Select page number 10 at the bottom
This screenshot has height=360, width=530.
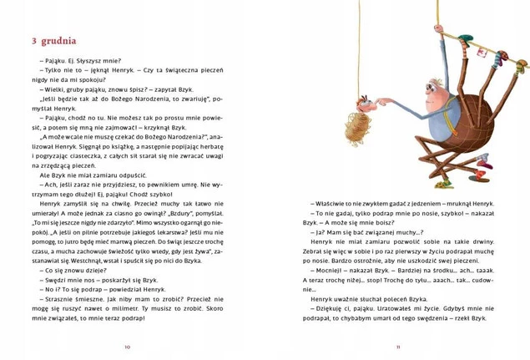(x=128, y=346)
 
